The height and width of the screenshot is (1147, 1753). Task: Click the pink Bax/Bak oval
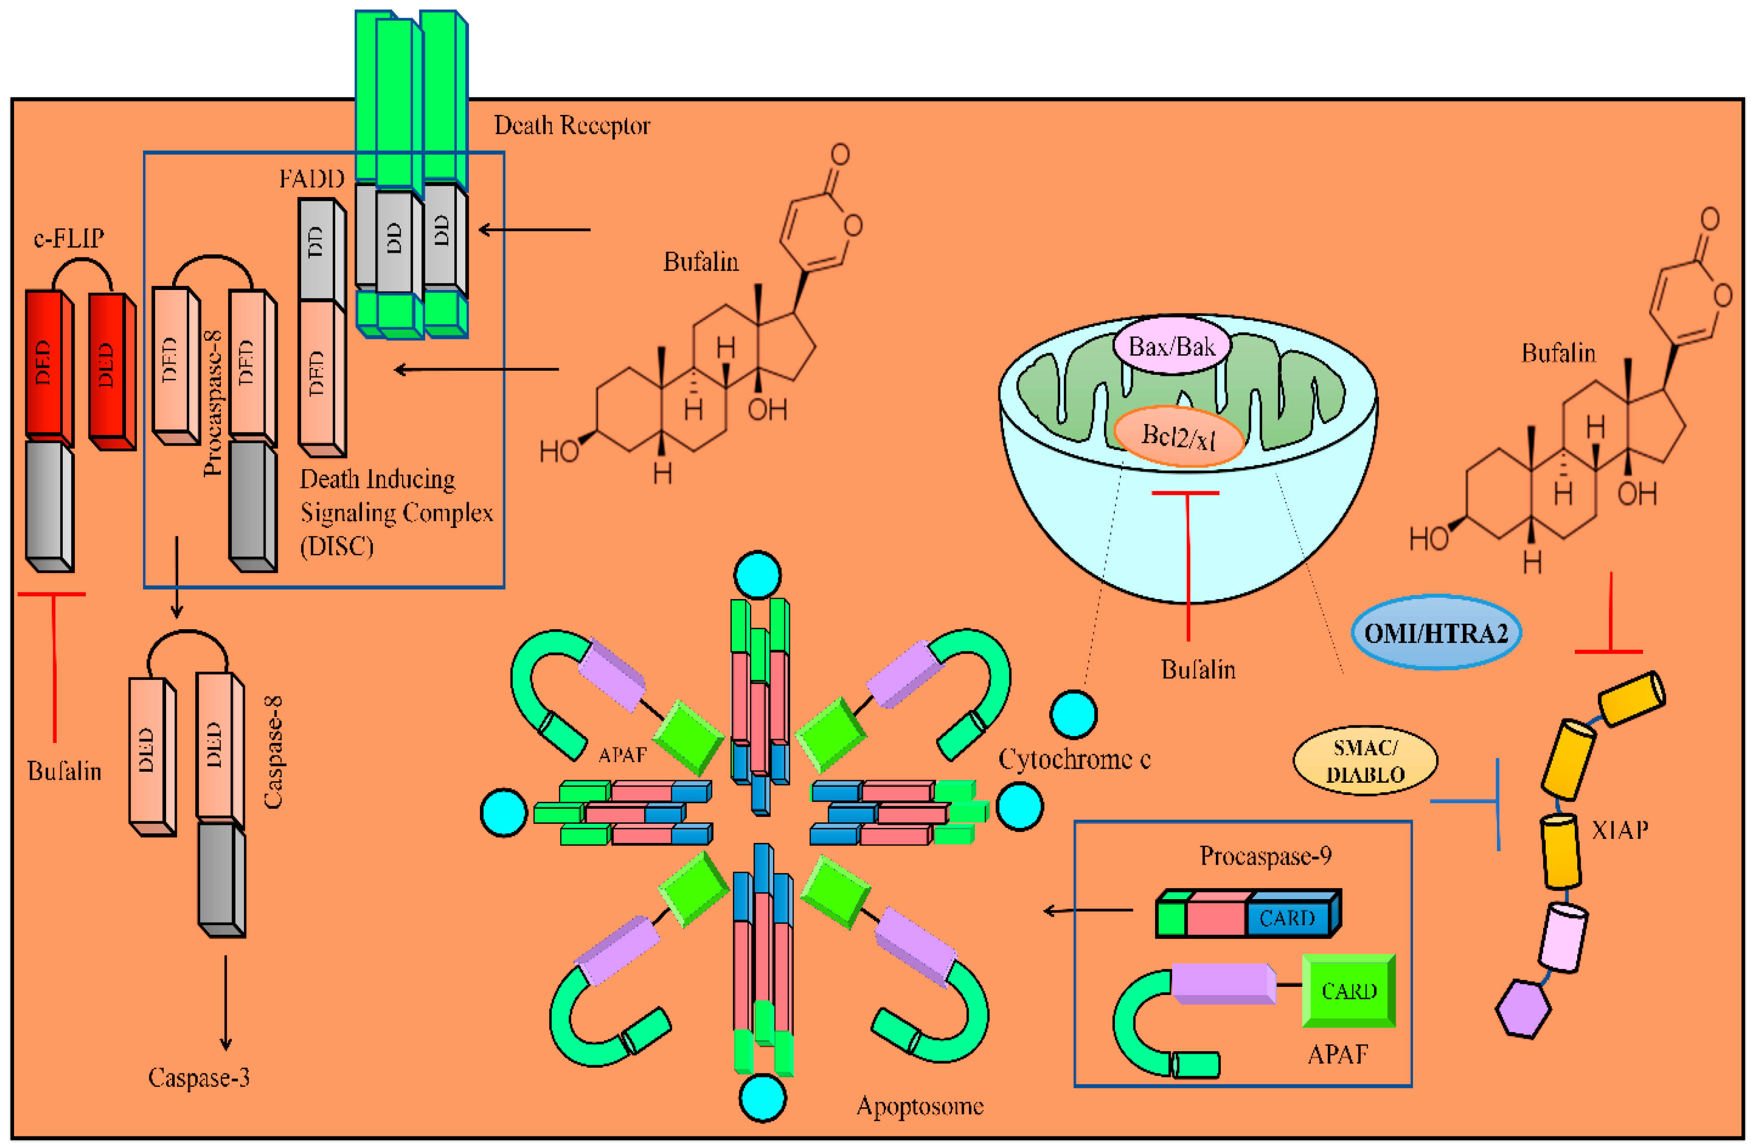[1171, 347]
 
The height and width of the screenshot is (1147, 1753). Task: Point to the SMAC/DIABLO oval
[1365, 761]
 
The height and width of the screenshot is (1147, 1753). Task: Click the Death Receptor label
[572, 126]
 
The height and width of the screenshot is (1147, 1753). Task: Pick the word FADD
[312, 179]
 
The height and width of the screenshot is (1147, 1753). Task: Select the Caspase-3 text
[199, 1078]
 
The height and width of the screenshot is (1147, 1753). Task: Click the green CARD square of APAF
[1348, 991]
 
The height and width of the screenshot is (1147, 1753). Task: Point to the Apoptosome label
[920, 1106]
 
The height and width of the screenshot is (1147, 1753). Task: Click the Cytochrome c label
[1074, 759]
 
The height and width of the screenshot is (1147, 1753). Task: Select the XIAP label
[1619, 830]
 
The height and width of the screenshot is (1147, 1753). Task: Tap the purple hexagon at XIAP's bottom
[1523, 1009]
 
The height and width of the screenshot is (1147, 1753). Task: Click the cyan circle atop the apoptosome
[757, 574]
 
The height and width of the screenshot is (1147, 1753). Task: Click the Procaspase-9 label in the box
[1266, 856]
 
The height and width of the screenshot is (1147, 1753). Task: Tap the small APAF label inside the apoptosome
[622, 755]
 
